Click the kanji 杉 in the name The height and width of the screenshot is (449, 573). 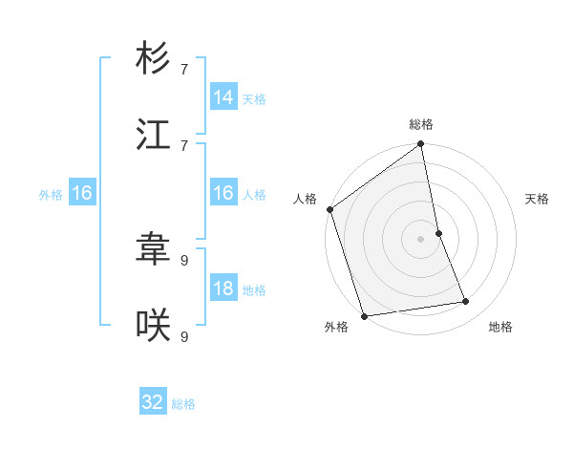153,58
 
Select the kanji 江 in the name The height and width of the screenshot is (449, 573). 153,135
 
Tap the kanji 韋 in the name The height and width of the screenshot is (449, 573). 153,250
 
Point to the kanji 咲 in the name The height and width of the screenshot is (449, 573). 153,327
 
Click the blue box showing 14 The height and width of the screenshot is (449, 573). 223,96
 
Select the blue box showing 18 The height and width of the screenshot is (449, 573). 223,289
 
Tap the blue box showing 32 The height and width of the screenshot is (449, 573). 153,402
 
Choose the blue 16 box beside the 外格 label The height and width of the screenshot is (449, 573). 82,193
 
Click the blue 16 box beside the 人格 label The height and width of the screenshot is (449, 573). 223,193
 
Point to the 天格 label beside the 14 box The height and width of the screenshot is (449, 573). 254,98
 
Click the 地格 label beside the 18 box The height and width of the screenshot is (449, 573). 254,290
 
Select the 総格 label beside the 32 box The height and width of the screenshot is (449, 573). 183,404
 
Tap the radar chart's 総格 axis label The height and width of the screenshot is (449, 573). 421,124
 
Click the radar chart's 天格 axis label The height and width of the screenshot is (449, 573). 537,199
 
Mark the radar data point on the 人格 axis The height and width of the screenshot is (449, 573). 330,209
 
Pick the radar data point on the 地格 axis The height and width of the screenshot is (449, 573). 466,302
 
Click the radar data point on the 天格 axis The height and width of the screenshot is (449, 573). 438,233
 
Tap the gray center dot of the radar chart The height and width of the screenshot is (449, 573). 421,239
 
